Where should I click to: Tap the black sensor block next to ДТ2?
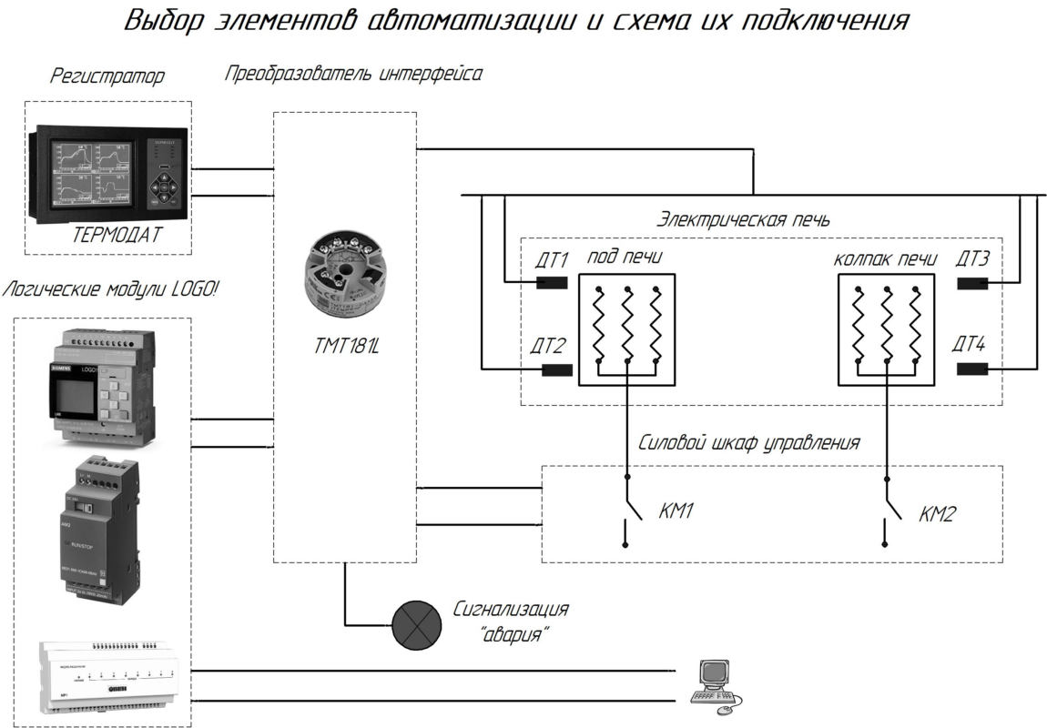pos(557,369)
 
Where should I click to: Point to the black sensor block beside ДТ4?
pos(972,369)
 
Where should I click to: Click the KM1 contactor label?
pos(676,513)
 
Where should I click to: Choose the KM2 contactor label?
pos(938,514)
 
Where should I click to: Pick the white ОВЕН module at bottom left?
pos(112,678)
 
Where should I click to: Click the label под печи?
pos(623,258)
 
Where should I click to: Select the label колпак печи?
pos(886,258)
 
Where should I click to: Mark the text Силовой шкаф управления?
pos(748,443)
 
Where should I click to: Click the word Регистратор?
pos(107,77)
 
